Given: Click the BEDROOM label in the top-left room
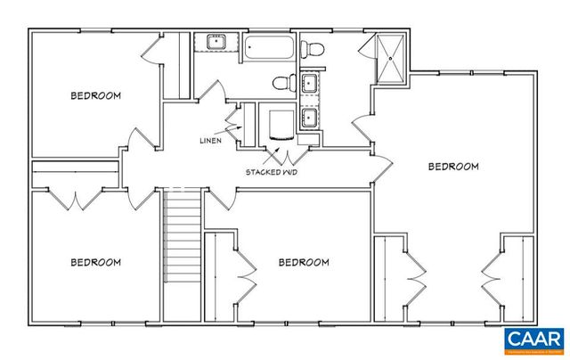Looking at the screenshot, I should (95, 94).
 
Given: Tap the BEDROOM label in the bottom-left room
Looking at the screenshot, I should (95, 262).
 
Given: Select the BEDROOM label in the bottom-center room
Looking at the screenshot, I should (304, 262).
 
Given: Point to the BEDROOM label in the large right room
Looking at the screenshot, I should (453, 166).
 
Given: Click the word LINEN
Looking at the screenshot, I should (211, 141).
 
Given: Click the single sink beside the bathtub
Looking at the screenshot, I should (216, 42).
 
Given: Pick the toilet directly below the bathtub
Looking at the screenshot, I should (283, 84).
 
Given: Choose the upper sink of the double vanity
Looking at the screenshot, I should (312, 86).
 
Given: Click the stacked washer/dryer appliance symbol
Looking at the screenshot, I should (278, 124).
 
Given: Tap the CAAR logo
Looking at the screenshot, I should (533, 340).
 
